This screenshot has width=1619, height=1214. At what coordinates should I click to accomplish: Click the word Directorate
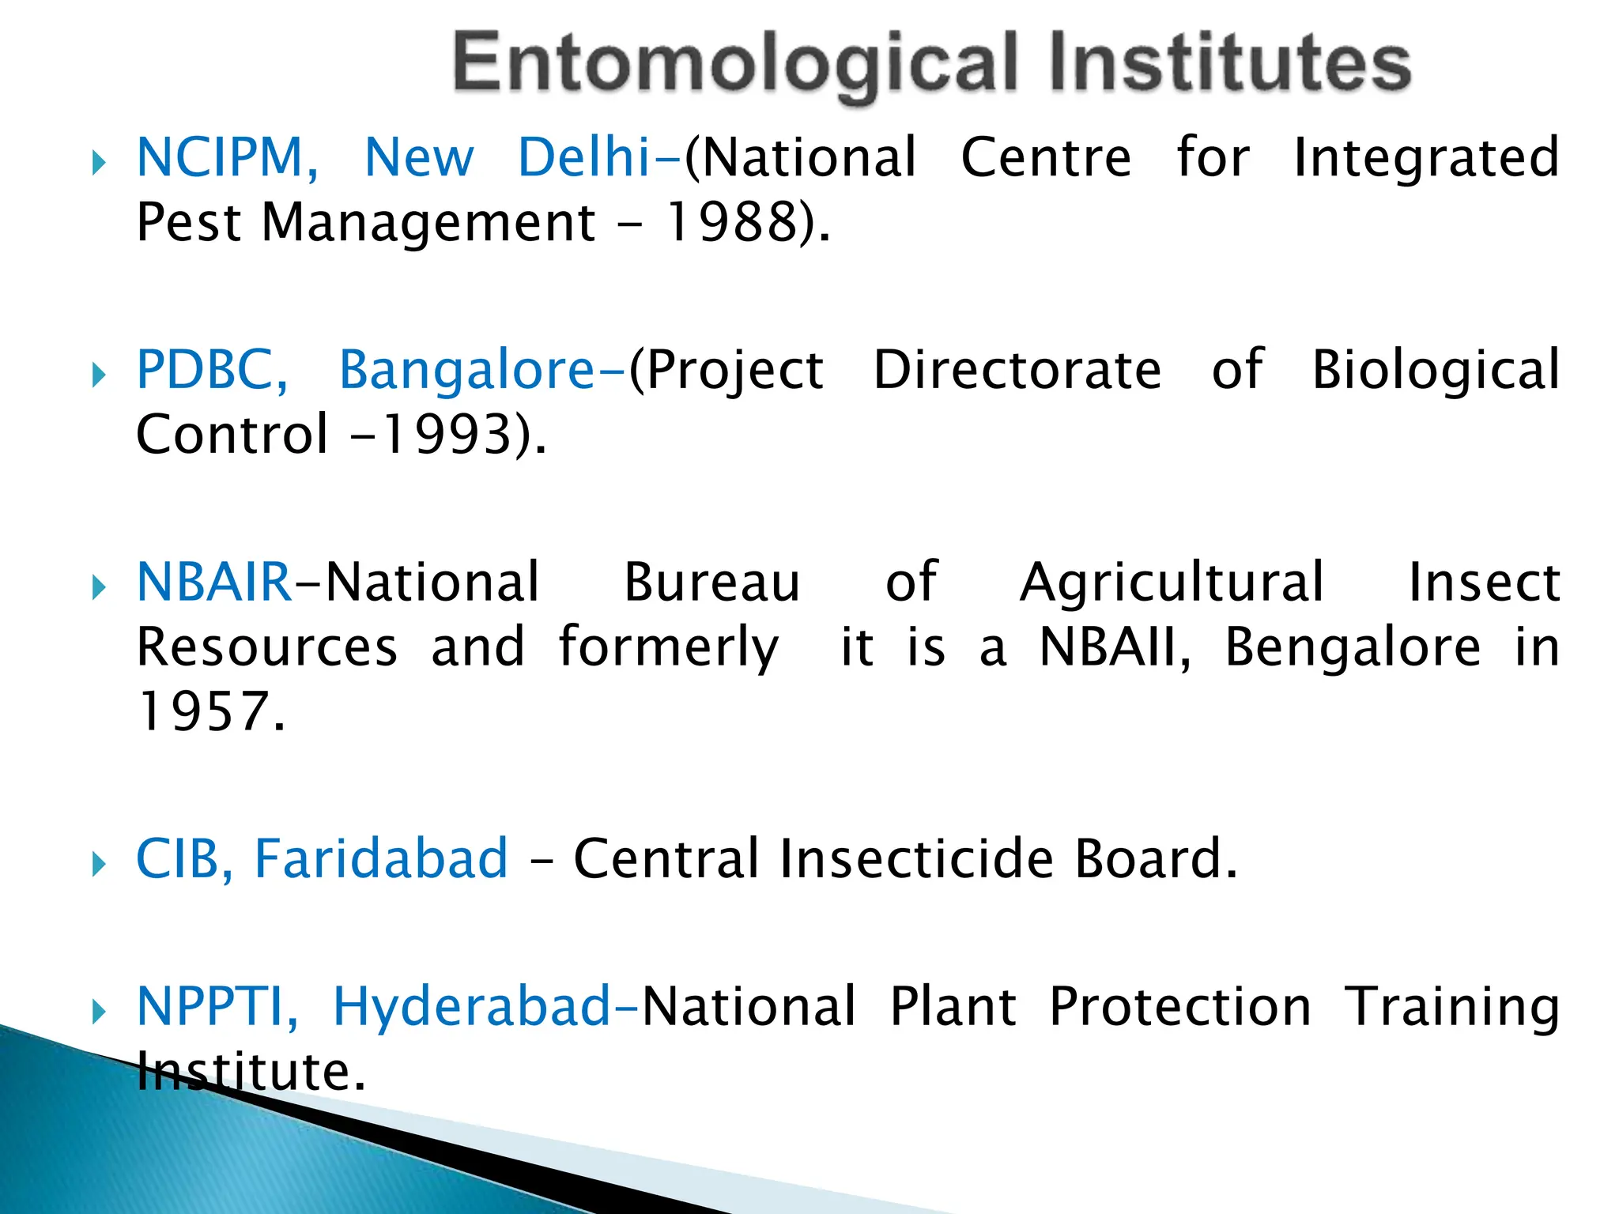pyautogui.click(x=1017, y=370)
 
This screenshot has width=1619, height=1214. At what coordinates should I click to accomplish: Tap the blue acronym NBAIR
pyautogui.click(x=214, y=582)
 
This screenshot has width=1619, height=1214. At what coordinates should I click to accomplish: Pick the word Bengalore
pyautogui.click(x=1353, y=647)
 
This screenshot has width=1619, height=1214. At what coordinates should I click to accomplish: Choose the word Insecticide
pyautogui.click(x=917, y=859)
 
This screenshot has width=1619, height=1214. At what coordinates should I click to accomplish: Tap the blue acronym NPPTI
pyautogui.click(x=210, y=1007)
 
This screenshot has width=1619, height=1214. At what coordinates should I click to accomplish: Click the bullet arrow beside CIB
pyautogui.click(x=98, y=864)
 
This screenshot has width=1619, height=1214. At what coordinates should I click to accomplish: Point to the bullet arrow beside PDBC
pyautogui.click(x=98, y=375)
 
